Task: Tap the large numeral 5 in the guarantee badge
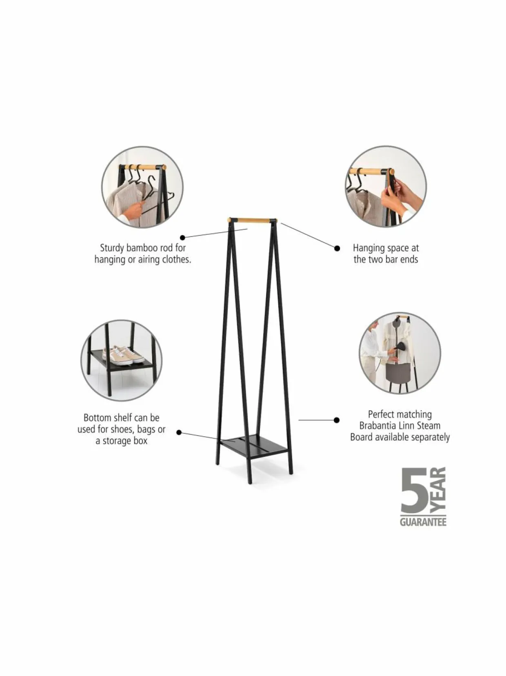(x=414, y=491)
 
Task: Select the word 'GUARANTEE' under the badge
(x=423, y=522)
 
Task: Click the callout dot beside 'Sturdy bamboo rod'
(x=183, y=237)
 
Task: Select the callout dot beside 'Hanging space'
(x=337, y=248)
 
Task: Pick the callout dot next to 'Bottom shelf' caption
(x=179, y=433)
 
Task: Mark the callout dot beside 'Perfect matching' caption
(x=337, y=420)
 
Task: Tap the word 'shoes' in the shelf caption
(x=122, y=429)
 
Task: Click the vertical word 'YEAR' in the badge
(x=438, y=489)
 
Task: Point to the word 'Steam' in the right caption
(x=428, y=426)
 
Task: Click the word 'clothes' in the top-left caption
(x=175, y=259)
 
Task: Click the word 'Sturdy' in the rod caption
(x=112, y=248)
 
